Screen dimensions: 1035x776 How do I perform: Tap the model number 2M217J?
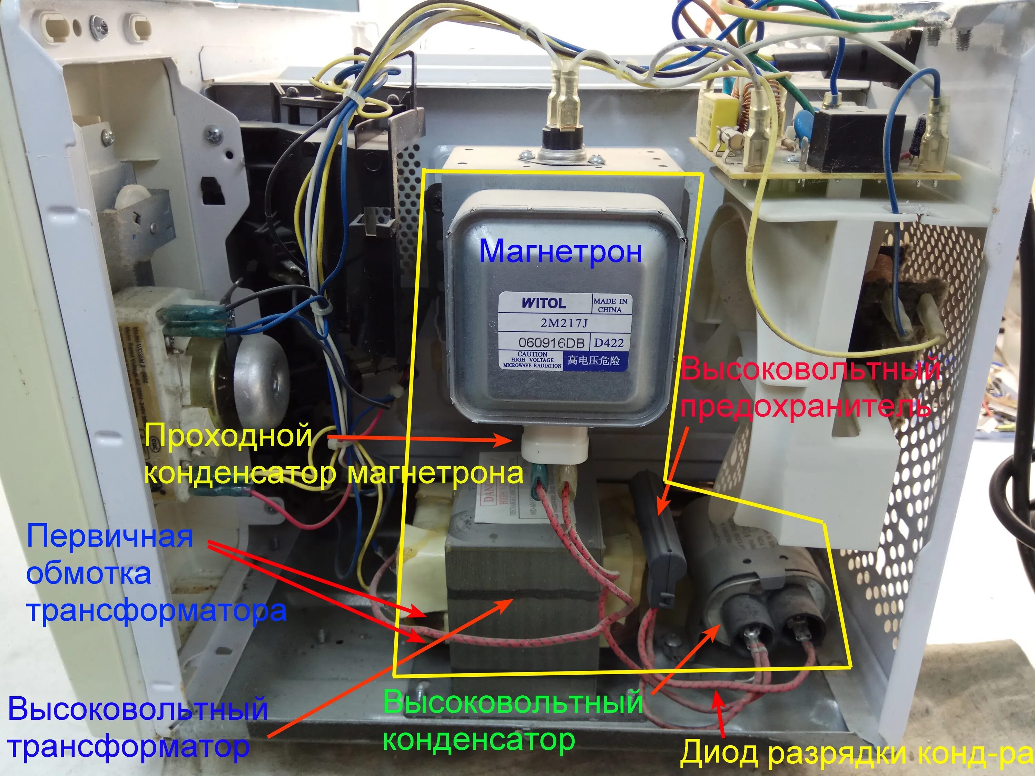[563, 323]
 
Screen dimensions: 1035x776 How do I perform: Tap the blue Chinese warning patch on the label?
[593, 360]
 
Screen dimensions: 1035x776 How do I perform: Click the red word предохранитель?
[805, 406]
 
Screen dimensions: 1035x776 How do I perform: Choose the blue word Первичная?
[109, 536]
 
